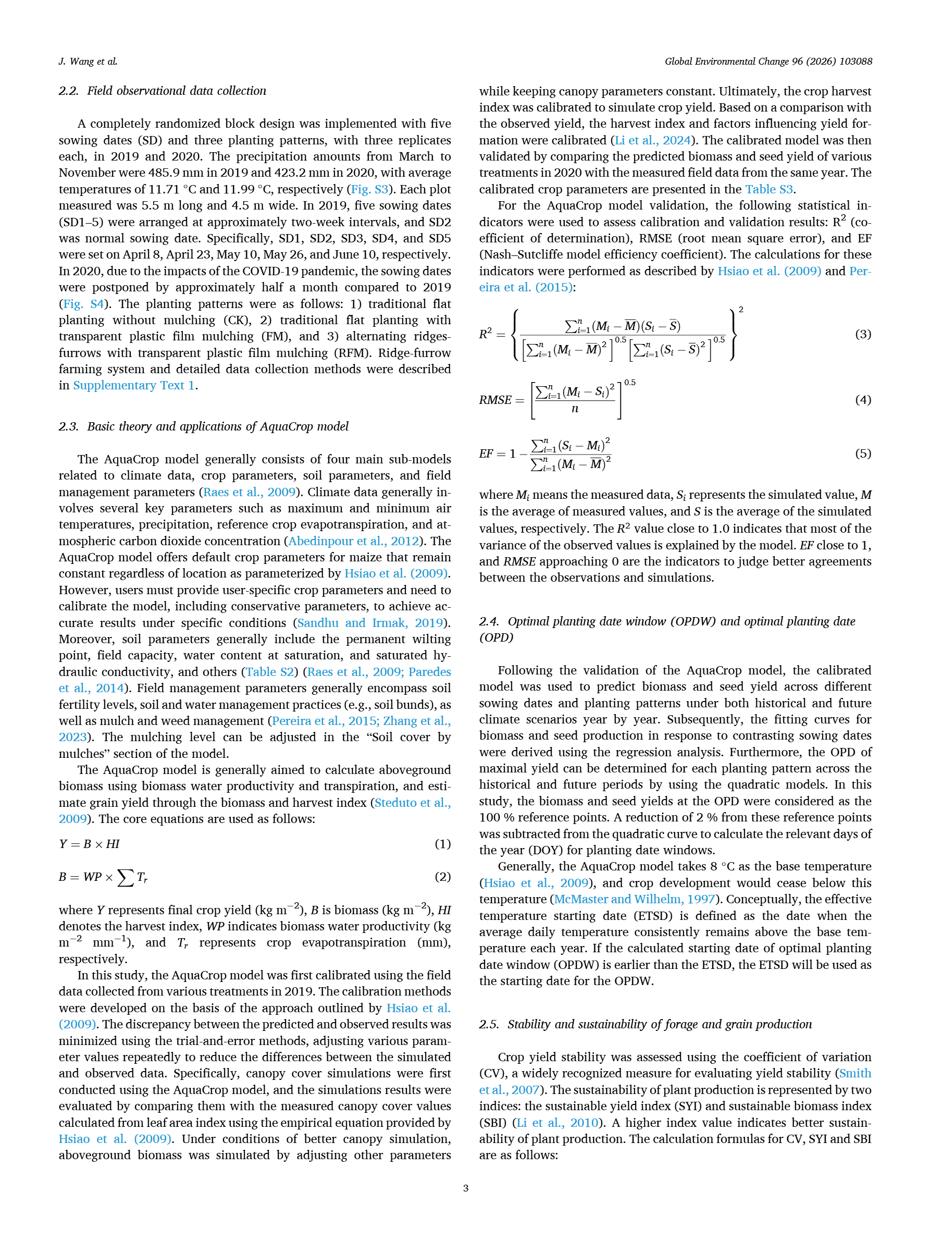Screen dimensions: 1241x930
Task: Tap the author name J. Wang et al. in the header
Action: coord(88,61)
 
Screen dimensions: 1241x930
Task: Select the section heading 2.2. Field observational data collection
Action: coord(163,91)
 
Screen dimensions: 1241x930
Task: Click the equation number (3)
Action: coord(863,335)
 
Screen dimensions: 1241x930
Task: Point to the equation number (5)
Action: coord(863,453)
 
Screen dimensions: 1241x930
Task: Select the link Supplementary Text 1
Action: coord(133,385)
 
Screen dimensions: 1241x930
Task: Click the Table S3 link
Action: coord(768,189)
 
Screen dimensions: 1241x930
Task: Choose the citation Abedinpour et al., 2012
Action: coord(353,541)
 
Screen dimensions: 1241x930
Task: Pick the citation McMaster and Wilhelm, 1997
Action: coord(635,899)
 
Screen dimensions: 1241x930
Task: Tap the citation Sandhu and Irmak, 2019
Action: coord(370,623)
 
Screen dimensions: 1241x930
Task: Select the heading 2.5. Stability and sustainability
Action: coord(645,1024)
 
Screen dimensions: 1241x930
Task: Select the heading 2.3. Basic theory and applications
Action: coord(204,426)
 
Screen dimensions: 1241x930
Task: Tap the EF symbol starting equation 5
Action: coord(486,453)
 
